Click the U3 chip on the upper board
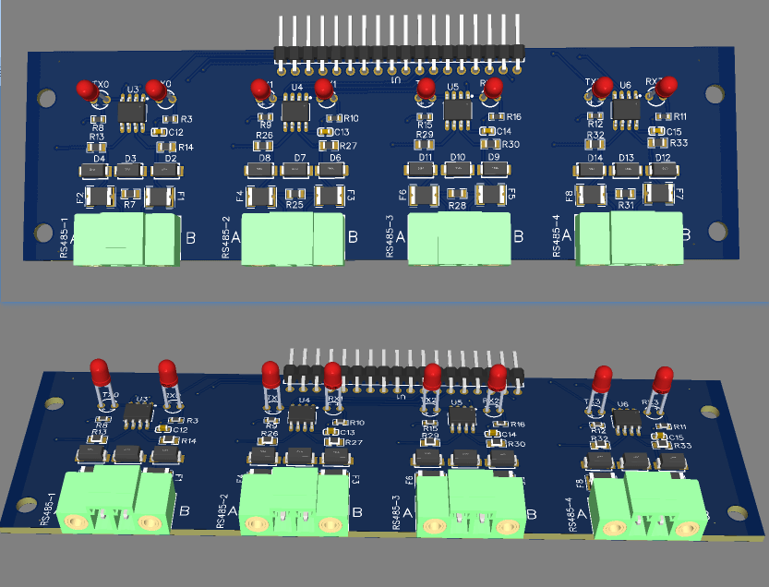point(131,112)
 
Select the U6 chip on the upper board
point(626,108)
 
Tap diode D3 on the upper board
point(130,171)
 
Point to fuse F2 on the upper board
point(97,196)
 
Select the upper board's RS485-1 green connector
point(126,241)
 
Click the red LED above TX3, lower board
point(603,378)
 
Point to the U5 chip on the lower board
point(460,417)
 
